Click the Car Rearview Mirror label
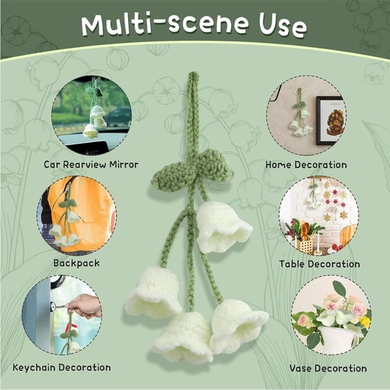91,165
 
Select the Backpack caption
77,263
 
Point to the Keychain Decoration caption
62,367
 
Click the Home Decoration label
306,165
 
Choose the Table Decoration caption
319,264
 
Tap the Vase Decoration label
328,368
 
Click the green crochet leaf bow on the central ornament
192,169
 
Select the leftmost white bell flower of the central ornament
152,292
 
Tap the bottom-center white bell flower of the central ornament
182,336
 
